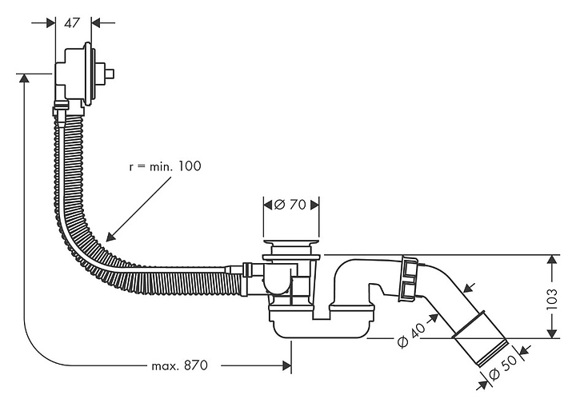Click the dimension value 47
point(73,22)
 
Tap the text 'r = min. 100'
point(165,166)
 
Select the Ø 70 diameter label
point(291,204)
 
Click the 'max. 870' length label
point(179,365)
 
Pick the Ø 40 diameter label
point(409,337)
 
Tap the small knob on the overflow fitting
point(110,74)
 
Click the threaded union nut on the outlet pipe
point(408,278)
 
